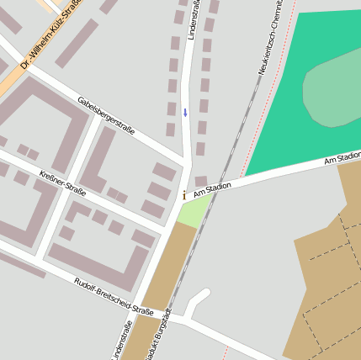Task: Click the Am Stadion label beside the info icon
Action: [x=212, y=189]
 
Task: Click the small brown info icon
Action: [x=184, y=195]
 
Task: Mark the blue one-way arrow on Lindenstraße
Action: [x=185, y=112]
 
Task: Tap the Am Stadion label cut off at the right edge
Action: [x=343, y=156]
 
